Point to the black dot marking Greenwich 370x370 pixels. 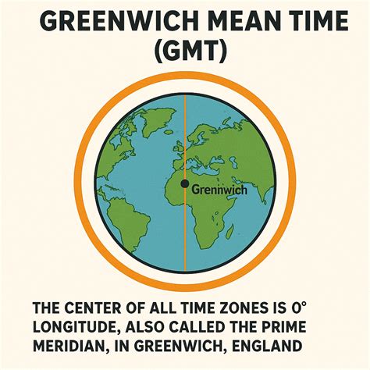[x=184, y=184]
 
